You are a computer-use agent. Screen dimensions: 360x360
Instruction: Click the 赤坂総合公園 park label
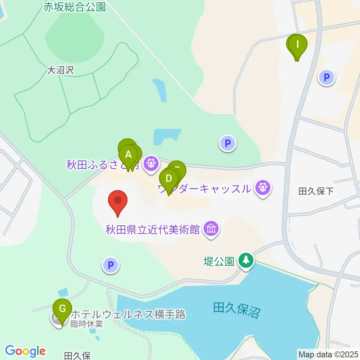[x=74, y=7]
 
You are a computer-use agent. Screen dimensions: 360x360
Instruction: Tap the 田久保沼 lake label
[x=236, y=310]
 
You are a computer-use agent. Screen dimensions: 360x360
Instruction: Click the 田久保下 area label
[x=316, y=192]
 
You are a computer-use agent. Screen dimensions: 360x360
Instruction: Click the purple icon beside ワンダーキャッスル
[x=263, y=187]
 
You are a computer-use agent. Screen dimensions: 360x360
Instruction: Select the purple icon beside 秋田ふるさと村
[x=151, y=164]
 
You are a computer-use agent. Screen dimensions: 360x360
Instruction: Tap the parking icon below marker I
[x=326, y=78]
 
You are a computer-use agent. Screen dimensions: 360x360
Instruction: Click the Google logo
[x=25, y=351]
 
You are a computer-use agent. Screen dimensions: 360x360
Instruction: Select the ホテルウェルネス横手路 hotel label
[x=128, y=314]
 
